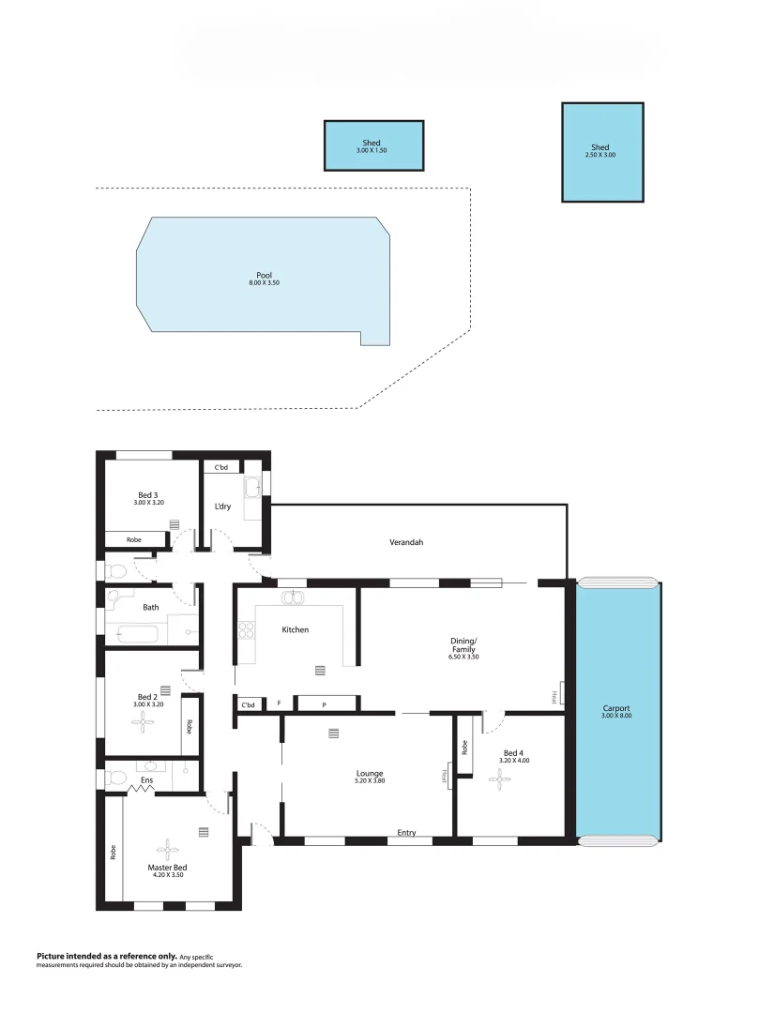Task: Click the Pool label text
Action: pyautogui.click(x=264, y=275)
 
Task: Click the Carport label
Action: pyautogui.click(x=616, y=708)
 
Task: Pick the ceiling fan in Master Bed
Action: pyautogui.click(x=167, y=850)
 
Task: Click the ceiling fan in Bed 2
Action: pyautogui.click(x=142, y=720)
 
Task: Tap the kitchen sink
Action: pyautogui.click(x=292, y=597)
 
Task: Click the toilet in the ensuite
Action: pyautogui.click(x=114, y=779)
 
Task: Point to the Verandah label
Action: pyautogui.click(x=408, y=542)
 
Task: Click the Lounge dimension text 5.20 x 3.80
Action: pyautogui.click(x=369, y=780)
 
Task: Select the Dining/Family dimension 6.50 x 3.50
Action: pyautogui.click(x=463, y=657)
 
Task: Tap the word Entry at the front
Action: pyautogui.click(x=406, y=833)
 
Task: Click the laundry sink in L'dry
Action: pyautogui.click(x=252, y=488)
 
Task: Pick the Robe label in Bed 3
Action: pyautogui.click(x=134, y=539)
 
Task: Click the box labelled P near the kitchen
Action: pyautogui.click(x=326, y=703)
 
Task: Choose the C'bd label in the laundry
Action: pyautogui.click(x=221, y=467)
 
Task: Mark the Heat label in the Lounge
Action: pyautogui.click(x=446, y=777)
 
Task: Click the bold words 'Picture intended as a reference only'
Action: pyautogui.click(x=105, y=956)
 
